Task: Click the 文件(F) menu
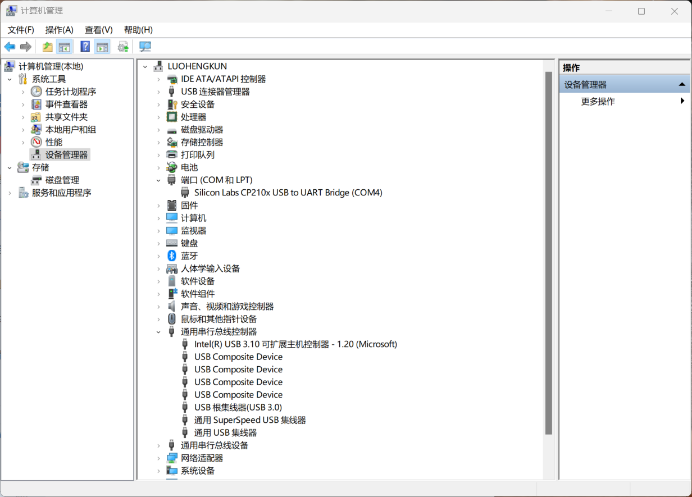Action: [x=21, y=30]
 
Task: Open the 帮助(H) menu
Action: [x=138, y=30]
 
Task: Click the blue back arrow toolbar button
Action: [x=10, y=47]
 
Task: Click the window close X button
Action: [x=675, y=11]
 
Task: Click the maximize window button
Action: [x=641, y=11]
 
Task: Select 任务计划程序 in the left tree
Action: [x=70, y=92]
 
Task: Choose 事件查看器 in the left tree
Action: [x=66, y=104]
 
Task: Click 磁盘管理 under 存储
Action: [x=62, y=180]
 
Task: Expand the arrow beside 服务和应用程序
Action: [x=10, y=193]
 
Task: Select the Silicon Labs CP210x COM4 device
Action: [x=288, y=193]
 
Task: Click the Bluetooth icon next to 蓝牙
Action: [x=172, y=256]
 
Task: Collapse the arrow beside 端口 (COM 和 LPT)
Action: [x=158, y=180]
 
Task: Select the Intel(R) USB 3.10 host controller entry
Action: [x=295, y=344]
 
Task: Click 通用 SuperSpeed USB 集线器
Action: [x=249, y=420]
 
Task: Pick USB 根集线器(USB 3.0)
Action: [x=238, y=407]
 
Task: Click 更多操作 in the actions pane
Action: [x=598, y=101]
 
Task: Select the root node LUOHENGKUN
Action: [x=197, y=66]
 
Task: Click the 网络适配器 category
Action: [x=202, y=458]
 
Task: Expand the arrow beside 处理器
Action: [x=158, y=117]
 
